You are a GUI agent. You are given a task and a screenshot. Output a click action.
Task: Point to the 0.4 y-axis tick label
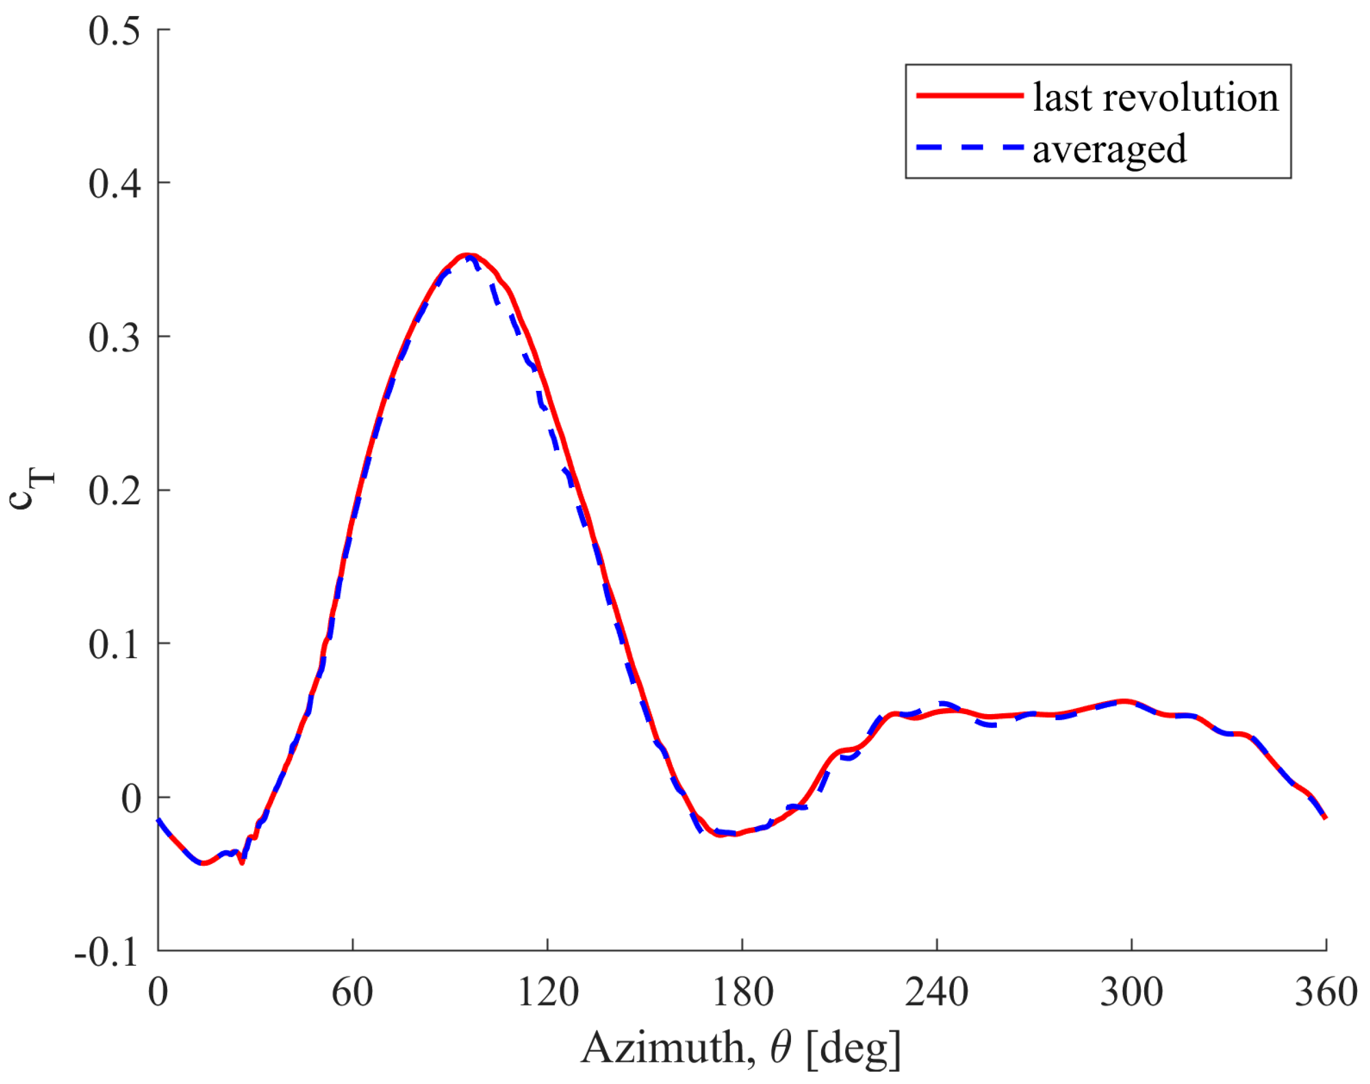click(x=114, y=184)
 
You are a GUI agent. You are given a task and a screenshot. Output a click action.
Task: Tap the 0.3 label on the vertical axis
click(x=114, y=338)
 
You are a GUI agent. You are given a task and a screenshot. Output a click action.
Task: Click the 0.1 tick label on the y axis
click(x=114, y=645)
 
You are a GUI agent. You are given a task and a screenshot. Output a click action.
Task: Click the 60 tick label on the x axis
click(x=352, y=993)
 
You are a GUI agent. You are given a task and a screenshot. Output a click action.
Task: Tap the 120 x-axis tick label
click(x=547, y=993)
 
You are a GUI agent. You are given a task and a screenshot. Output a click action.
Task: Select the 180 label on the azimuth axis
click(x=743, y=993)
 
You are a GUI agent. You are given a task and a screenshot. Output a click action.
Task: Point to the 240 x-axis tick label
click(x=937, y=993)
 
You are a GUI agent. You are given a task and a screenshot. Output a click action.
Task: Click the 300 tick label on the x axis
click(x=1131, y=993)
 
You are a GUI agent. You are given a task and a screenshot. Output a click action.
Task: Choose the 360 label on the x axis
click(x=1325, y=993)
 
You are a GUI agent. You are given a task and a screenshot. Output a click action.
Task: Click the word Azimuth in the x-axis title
click(x=665, y=1048)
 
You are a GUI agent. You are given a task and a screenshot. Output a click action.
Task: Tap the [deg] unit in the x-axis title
click(x=853, y=1049)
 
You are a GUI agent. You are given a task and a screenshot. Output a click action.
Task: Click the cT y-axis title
click(x=31, y=489)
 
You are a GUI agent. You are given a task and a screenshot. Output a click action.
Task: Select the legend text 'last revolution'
click(x=1155, y=97)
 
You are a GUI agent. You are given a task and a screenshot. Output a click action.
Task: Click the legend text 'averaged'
click(x=1109, y=149)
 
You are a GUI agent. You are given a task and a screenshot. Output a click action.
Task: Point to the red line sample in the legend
click(x=969, y=95)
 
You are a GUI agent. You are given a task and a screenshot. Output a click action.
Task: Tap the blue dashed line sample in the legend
click(x=969, y=147)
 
